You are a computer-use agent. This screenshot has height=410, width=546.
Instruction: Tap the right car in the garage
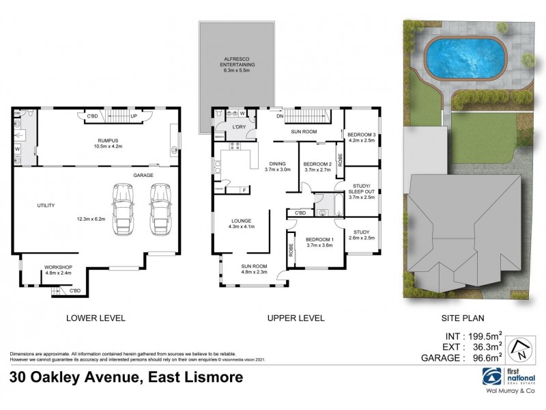coord(159,208)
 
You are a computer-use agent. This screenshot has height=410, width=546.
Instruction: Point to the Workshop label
coord(58,267)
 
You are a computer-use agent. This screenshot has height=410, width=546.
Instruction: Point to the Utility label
coord(46,205)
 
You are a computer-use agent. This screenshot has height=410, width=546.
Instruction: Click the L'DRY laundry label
coord(239,128)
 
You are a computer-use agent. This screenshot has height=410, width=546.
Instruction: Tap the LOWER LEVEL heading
coord(95,318)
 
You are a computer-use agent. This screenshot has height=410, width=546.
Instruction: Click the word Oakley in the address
coord(64,378)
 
